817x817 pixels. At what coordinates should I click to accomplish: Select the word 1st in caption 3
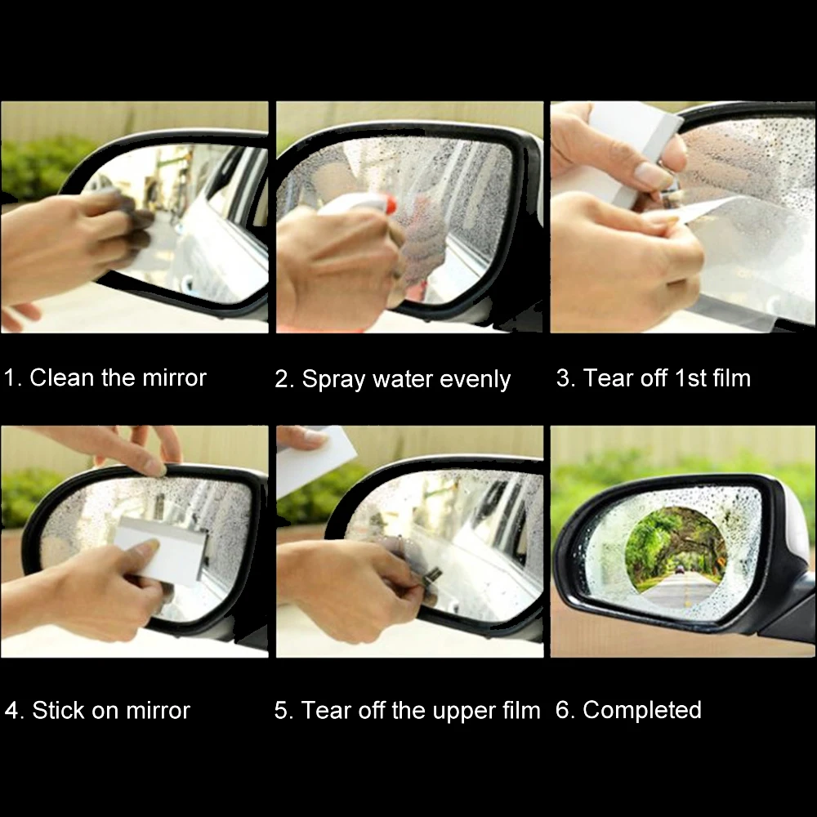coord(690,377)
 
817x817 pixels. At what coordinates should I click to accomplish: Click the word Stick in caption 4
coord(58,710)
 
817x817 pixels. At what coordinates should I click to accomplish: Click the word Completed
coord(642,710)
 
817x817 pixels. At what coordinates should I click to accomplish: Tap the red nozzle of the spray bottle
coord(390,206)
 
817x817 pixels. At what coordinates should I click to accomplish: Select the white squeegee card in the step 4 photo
coord(162,549)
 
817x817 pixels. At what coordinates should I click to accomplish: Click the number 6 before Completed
coord(563,710)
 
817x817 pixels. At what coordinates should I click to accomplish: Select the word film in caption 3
coord(732,377)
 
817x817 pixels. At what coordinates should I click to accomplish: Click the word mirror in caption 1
coord(175,377)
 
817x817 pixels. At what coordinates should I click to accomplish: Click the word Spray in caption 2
coord(333,380)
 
